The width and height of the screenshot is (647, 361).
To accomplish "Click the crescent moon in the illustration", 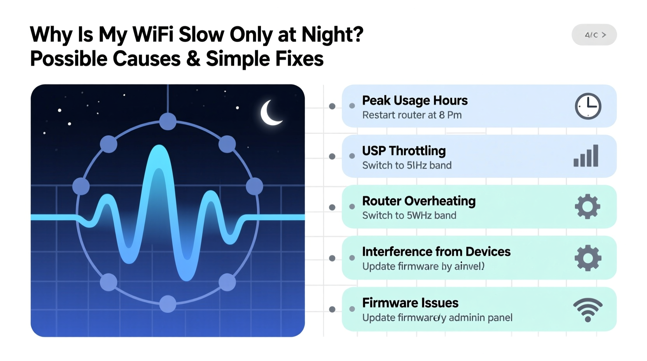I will pyautogui.click(x=270, y=113).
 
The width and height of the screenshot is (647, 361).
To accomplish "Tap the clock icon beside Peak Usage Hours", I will pyautogui.click(x=588, y=106).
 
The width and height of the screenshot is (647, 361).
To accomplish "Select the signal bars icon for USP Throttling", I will pyautogui.click(x=586, y=156).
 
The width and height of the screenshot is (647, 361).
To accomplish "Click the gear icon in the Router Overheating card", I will pyautogui.click(x=588, y=207).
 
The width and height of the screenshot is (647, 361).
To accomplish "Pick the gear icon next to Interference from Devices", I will pyautogui.click(x=588, y=258).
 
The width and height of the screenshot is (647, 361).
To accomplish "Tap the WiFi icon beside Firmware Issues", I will pyautogui.click(x=588, y=310).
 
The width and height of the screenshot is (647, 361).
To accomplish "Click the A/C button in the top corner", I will pyautogui.click(x=594, y=35).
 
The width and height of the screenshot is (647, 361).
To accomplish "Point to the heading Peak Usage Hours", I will pyautogui.click(x=414, y=101).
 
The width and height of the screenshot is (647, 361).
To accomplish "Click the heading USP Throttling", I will pyautogui.click(x=404, y=151).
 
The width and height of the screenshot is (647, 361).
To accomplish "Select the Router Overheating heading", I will pyautogui.click(x=419, y=201).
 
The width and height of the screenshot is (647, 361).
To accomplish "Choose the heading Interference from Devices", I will pyautogui.click(x=436, y=252).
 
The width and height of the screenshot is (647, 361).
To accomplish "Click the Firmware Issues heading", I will pyautogui.click(x=410, y=303).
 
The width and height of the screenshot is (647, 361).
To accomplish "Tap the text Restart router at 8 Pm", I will pyautogui.click(x=412, y=115).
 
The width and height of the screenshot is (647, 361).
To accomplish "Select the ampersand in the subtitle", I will pyautogui.click(x=193, y=59).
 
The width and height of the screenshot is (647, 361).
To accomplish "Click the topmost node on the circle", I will pyautogui.click(x=168, y=121).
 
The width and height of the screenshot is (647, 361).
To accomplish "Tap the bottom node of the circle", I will pyautogui.click(x=168, y=304).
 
